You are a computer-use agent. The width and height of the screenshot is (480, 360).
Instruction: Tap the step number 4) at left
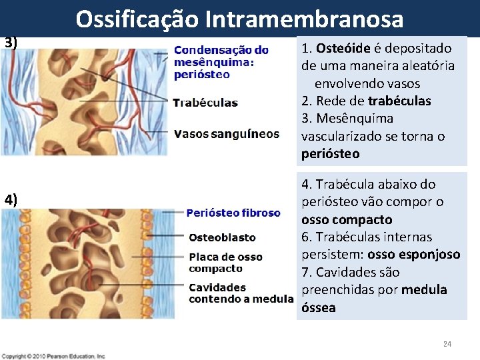(11, 199)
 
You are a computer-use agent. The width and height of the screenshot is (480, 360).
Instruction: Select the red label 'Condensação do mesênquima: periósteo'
(221, 62)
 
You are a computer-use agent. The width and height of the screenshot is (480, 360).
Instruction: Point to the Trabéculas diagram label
(205, 103)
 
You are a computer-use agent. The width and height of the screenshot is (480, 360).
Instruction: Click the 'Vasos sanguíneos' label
(226, 134)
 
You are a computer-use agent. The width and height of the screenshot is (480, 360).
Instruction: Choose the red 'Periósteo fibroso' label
(233, 213)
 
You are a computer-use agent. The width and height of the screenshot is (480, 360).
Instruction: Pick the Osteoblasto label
(222, 237)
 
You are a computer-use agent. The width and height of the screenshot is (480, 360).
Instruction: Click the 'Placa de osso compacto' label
(225, 263)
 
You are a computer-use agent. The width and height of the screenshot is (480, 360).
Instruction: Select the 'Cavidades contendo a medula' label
(241, 293)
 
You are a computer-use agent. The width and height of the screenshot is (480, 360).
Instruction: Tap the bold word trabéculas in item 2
(399, 101)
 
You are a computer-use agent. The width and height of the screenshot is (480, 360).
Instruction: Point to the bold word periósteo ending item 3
(330, 153)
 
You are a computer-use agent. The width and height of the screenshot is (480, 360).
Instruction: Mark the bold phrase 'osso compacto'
(347, 219)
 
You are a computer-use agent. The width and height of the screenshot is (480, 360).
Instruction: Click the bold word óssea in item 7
(319, 307)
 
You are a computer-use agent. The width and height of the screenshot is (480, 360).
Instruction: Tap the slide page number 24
(447, 344)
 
